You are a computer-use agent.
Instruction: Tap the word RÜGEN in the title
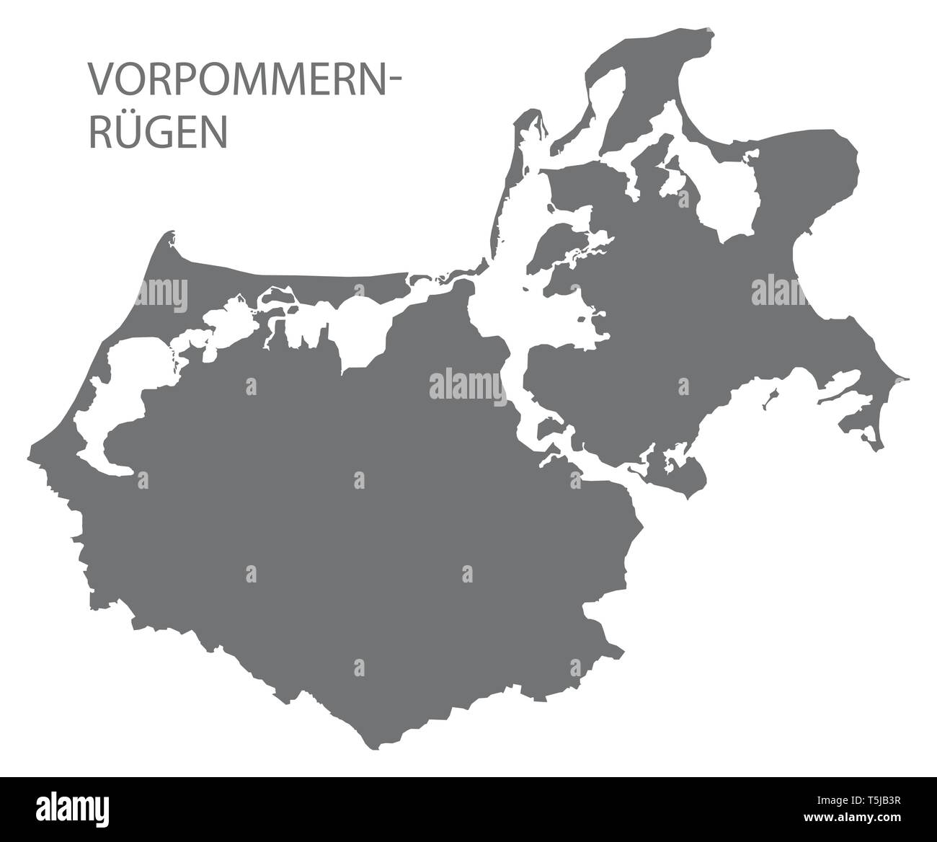(157, 133)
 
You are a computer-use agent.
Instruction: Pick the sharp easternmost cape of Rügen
(906, 378)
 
